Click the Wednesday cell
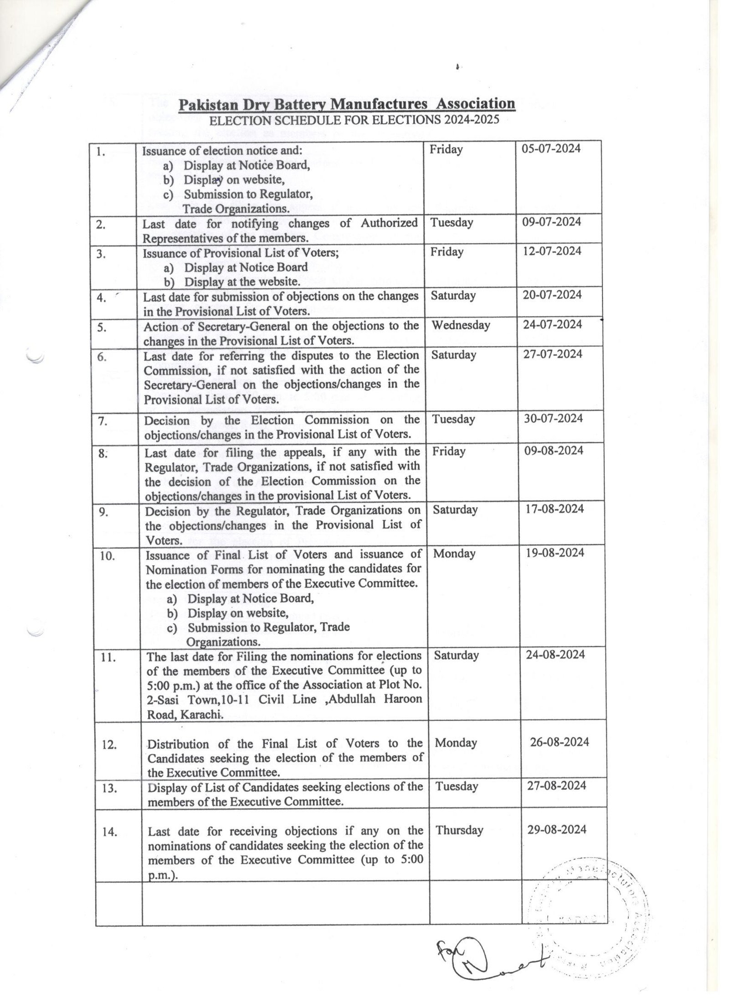pos(461,325)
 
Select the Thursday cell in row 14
pos(459,830)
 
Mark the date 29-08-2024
pos(557,829)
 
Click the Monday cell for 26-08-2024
pos(456,742)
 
